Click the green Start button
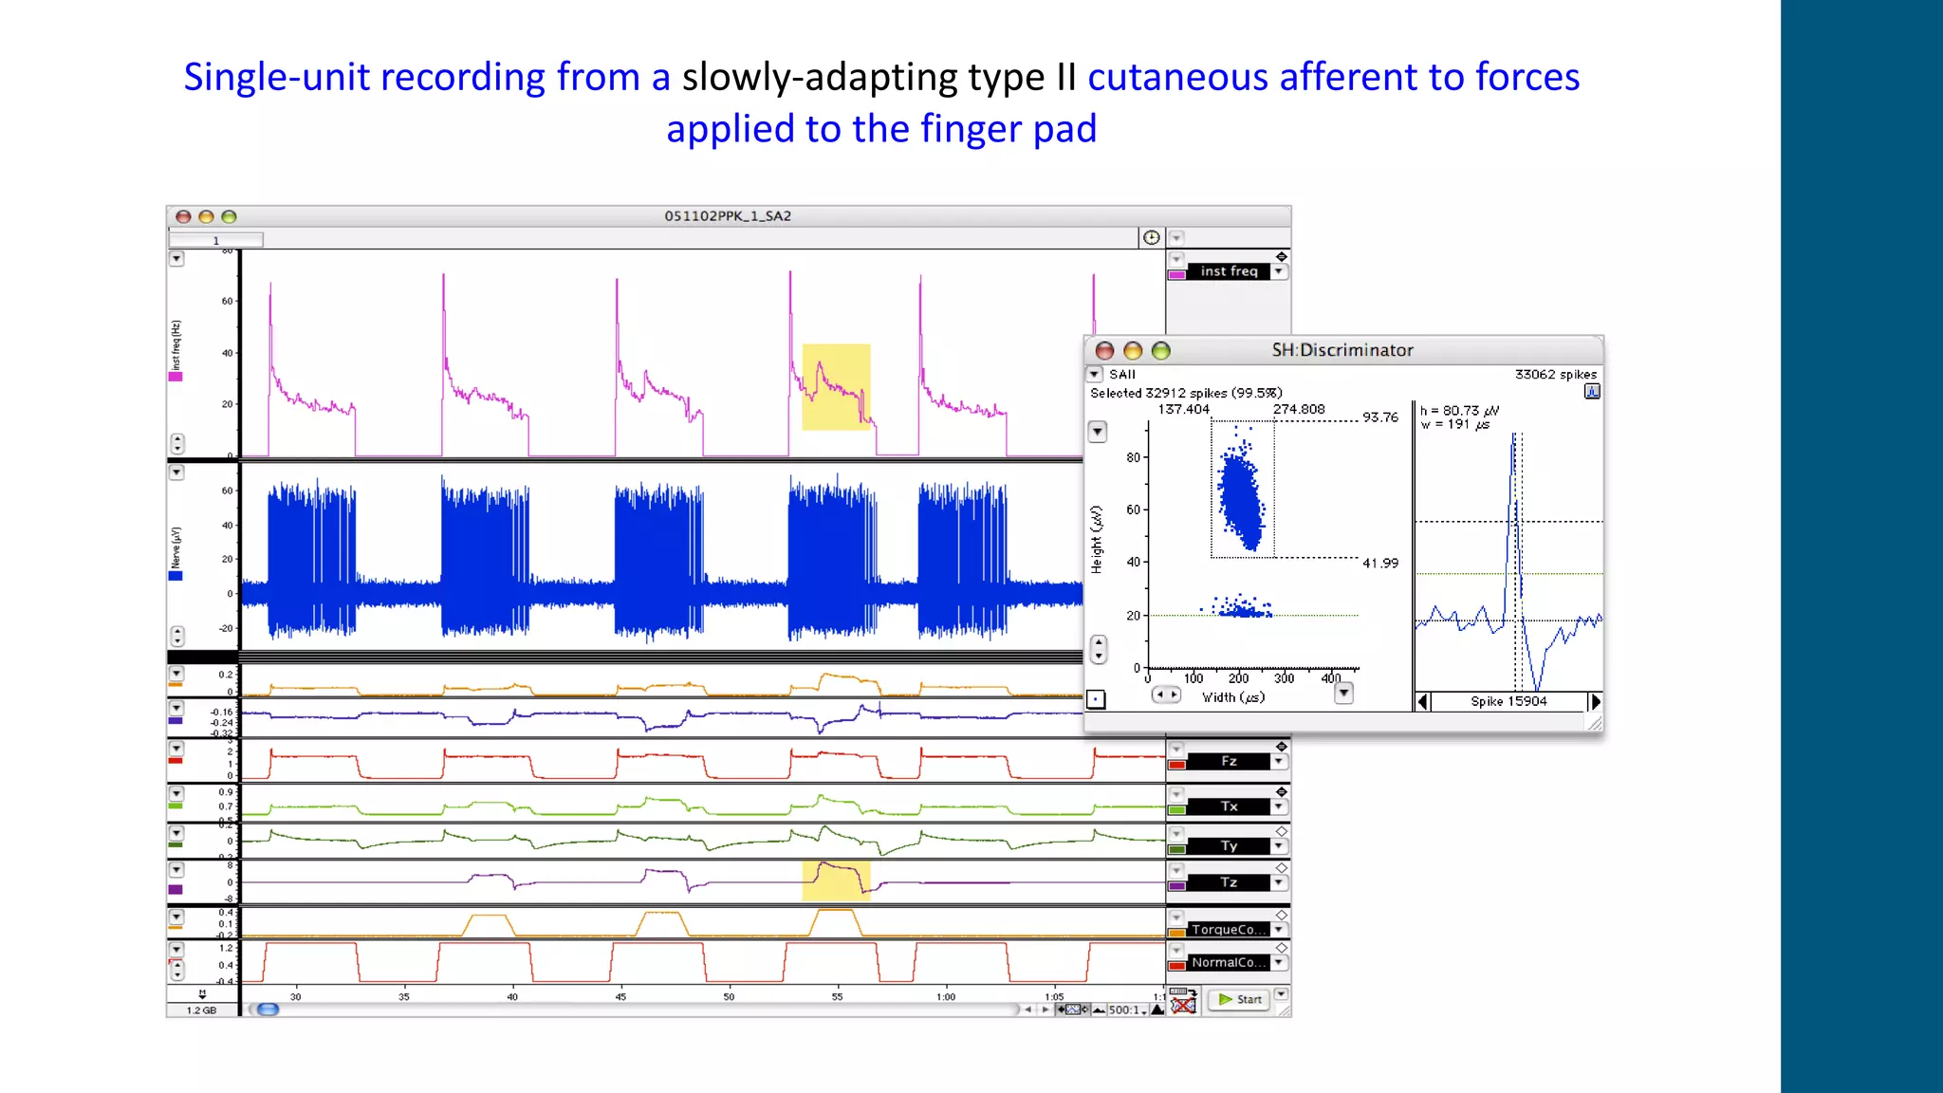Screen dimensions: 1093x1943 point(1240,999)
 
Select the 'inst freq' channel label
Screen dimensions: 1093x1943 point(1228,271)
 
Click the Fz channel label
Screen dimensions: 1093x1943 point(1229,761)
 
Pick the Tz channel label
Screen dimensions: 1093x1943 point(1229,882)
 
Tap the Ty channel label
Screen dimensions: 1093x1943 point(1229,845)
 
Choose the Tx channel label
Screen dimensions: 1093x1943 point(1229,806)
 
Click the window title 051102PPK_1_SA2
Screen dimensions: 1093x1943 point(728,216)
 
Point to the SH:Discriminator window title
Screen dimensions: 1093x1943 point(1342,350)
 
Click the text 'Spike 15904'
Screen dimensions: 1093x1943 point(1508,701)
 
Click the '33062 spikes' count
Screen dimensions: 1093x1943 point(1555,375)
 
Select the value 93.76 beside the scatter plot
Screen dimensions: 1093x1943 point(1380,417)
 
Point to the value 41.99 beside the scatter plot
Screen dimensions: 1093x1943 point(1380,563)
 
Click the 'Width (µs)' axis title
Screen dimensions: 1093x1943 point(1233,697)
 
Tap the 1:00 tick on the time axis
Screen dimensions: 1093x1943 point(946,996)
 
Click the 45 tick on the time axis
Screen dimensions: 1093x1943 point(620,996)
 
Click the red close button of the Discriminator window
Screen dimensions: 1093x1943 point(1104,351)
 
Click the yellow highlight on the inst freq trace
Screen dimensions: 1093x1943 point(836,387)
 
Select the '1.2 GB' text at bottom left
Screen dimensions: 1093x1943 point(201,1010)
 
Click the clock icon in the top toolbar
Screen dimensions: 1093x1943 point(1151,237)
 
